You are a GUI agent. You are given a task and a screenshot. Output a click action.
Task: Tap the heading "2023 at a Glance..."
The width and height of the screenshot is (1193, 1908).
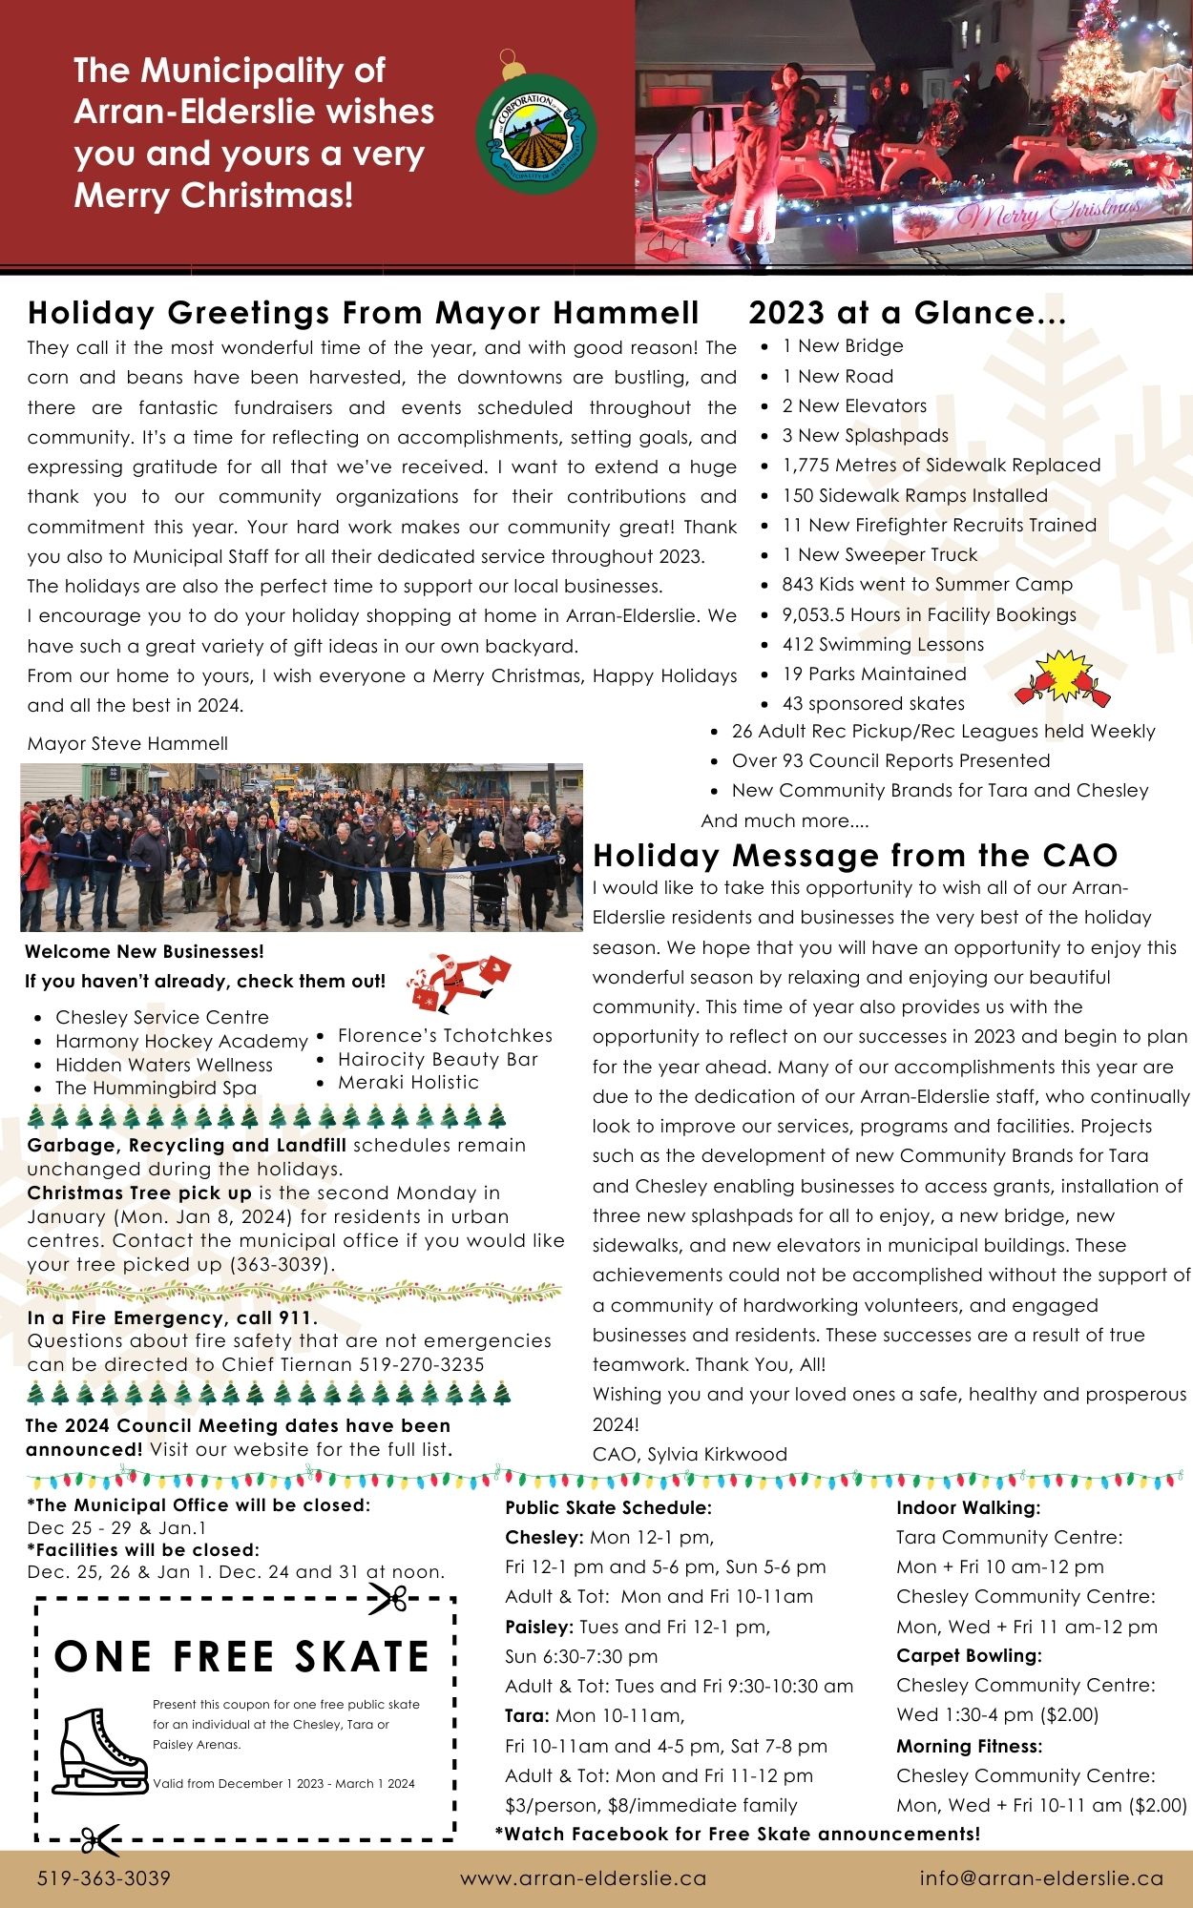(x=907, y=313)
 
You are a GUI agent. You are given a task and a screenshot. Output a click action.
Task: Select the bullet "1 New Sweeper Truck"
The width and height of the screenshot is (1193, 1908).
(x=879, y=554)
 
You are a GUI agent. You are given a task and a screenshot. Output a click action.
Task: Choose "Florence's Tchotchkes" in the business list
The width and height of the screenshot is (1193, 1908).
(x=445, y=1035)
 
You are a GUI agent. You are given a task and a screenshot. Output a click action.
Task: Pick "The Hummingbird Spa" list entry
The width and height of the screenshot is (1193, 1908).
(x=156, y=1088)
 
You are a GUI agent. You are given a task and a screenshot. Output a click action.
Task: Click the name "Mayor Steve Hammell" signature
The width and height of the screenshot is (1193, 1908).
(x=128, y=743)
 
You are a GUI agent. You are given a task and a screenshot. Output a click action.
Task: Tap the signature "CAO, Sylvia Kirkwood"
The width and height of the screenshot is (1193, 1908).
(x=689, y=1454)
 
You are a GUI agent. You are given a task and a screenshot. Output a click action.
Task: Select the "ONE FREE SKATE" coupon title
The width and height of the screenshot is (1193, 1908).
(x=242, y=1657)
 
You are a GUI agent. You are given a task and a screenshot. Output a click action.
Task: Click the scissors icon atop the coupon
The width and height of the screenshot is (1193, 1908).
(x=388, y=1599)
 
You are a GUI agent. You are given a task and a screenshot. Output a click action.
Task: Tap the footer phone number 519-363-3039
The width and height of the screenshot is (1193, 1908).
(x=104, y=1878)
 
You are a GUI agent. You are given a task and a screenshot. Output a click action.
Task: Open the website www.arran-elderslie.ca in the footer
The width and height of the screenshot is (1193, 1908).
(x=583, y=1878)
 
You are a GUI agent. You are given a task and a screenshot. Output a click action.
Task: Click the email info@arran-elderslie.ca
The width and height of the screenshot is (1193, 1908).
(x=1041, y=1878)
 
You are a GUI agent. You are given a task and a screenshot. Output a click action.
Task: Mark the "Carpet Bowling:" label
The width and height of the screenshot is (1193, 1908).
(x=969, y=1655)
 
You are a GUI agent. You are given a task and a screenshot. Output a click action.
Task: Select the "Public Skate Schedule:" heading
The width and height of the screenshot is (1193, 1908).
(x=608, y=1508)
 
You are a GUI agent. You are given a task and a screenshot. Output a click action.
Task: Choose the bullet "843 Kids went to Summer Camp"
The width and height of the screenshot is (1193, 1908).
(x=927, y=584)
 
